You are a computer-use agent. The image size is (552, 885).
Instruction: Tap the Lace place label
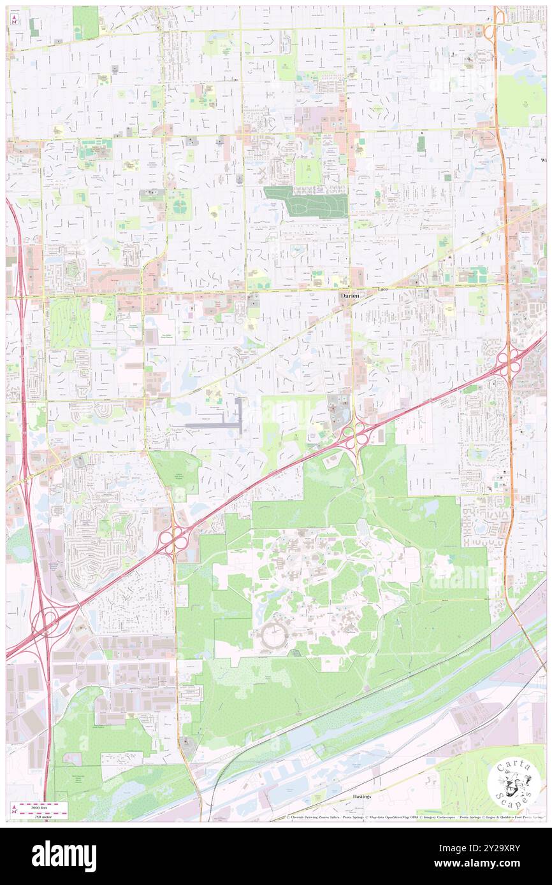pos(382,290)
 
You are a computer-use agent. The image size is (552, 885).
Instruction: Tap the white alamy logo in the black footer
pos(64,856)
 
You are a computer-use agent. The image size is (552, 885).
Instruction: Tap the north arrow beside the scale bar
pos(14,807)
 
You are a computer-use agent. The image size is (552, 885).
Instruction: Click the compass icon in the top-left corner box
pos(14,20)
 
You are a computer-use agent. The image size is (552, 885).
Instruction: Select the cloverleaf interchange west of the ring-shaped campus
pos(173,541)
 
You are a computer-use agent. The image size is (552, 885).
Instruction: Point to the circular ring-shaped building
pos(275,635)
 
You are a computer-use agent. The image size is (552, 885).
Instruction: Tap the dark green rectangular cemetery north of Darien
pos(307,202)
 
